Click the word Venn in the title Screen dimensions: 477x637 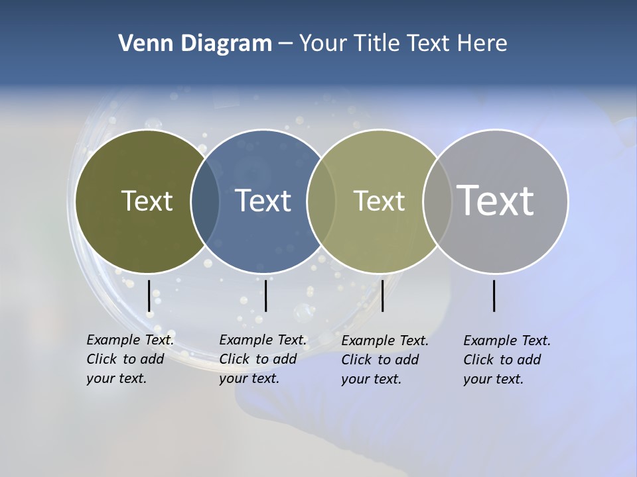[x=140, y=44]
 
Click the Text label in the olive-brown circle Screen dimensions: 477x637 [x=147, y=201]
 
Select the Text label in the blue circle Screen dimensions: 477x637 [x=263, y=201]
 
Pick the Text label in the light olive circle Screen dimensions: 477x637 [x=379, y=201]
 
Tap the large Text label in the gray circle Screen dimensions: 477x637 [x=496, y=201]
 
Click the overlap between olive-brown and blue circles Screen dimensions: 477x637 [x=205, y=201]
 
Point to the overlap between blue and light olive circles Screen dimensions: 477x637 [x=321, y=201]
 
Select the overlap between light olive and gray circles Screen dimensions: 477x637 [x=437, y=201]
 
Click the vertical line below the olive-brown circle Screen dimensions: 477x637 [x=149, y=295]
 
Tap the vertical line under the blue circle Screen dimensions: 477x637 [x=265, y=295]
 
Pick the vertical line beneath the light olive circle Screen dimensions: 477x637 [x=382, y=295]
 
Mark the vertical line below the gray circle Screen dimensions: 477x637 [x=494, y=295]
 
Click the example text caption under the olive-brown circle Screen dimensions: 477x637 [x=130, y=359]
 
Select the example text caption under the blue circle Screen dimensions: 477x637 [x=263, y=359]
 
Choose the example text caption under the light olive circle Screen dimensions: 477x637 [x=385, y=360]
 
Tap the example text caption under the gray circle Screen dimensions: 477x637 [x=507, y=360]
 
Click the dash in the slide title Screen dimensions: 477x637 [x=285, y=44]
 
